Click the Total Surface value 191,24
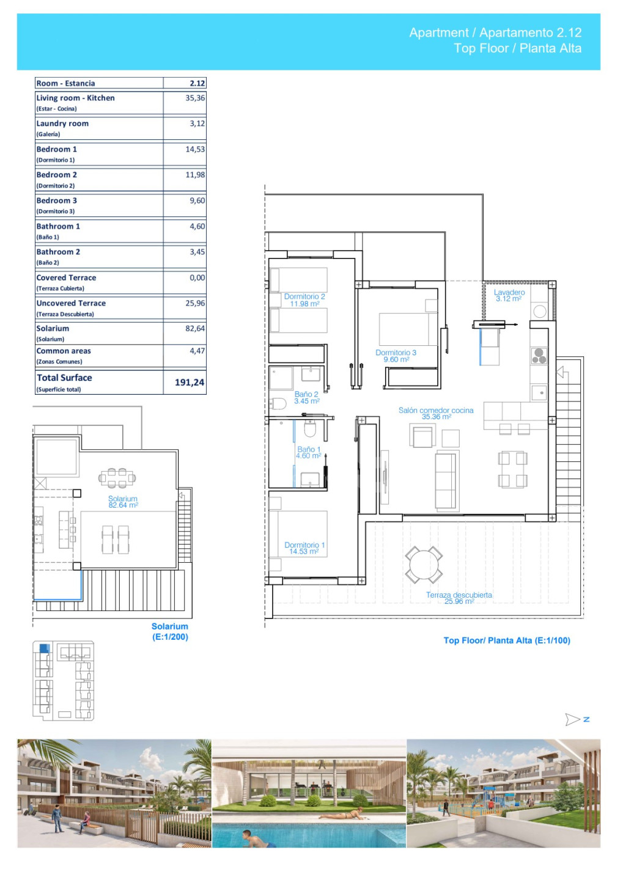[190, 382]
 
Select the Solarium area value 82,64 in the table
[195, 328]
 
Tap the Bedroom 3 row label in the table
[57, 200]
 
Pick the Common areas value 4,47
[197, 350]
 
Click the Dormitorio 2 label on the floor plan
[304, 299]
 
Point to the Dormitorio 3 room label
[396, 356]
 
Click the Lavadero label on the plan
[509, 295]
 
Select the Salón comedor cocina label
[436, 413]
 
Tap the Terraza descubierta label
[459, 598]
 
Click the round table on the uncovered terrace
[424, 565]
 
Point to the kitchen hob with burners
[539, 356]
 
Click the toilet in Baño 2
[278, 403]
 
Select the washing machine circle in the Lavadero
[540, 312]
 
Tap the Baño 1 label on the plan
[309, 452]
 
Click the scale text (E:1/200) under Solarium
[170, 637]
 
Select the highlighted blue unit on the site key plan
[45, 648]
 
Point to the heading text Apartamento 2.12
[530, 32]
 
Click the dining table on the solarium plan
[117, 478]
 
